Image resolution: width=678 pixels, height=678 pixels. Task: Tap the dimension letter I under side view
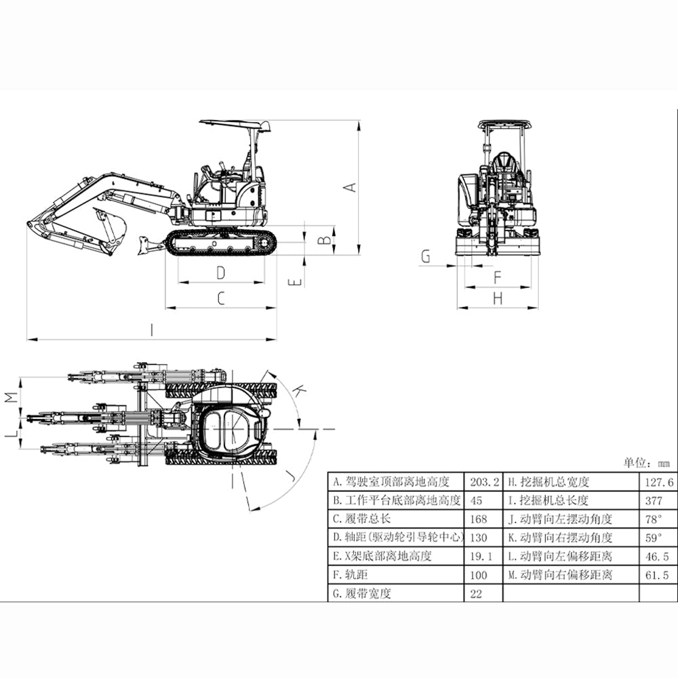coord(153,330)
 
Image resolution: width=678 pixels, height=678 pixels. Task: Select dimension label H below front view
coord(497,298)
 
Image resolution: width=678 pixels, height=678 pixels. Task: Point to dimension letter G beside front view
coord(426,256)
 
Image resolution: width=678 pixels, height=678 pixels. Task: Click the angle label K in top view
coord(298,390)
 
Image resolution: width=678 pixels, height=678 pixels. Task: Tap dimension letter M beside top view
coord(10,397)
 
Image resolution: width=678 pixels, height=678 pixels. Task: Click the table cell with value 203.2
coord(483,482)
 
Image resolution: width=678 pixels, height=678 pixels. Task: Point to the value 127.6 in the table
coord(657,482)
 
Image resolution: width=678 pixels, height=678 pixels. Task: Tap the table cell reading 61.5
coord(657,575)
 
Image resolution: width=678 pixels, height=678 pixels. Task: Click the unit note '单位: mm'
coord(645,463)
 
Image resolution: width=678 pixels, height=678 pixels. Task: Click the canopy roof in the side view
coord(234,124)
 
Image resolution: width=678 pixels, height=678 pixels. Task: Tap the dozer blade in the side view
coord(144,245)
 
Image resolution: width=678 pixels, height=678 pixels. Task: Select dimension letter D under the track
coord(220,273)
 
